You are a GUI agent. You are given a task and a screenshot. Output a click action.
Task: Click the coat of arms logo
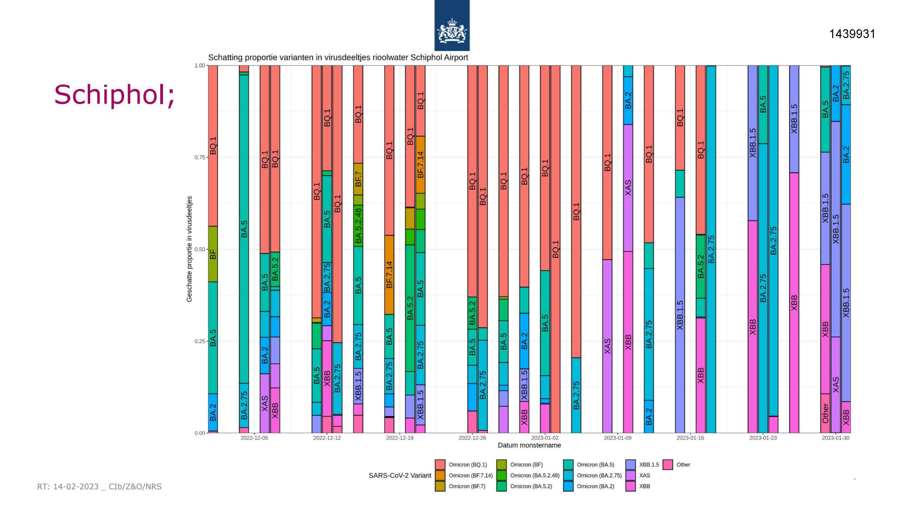(452, 26)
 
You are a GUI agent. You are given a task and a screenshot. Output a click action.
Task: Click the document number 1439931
(852, 34)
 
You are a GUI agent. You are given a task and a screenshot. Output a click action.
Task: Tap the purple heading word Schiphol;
(114, 95)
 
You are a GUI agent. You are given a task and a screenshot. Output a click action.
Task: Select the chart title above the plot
(338, 57)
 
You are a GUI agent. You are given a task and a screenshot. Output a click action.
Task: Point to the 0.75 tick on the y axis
(199, 157)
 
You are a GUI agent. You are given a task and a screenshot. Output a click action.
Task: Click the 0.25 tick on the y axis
(199, 341)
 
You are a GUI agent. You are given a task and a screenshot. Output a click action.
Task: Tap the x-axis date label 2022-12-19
(400, 438)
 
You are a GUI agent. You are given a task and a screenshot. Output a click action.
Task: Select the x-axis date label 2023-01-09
(618, 438)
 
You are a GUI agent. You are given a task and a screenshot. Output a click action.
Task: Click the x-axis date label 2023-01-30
(836, 438)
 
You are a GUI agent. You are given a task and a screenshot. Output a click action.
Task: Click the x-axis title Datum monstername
(529, 445)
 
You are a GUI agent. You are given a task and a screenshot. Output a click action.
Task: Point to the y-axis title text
(189, 249)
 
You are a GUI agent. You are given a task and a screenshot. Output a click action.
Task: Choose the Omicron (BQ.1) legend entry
(461, 465)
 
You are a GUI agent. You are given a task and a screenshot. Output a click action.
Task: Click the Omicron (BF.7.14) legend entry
(464, 475)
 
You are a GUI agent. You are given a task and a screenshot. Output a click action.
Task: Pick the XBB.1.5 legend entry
(642, 465)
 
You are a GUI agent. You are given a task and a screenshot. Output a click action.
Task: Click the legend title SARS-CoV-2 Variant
(400, 475)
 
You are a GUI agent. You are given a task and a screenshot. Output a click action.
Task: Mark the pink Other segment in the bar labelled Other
(825, 413)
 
